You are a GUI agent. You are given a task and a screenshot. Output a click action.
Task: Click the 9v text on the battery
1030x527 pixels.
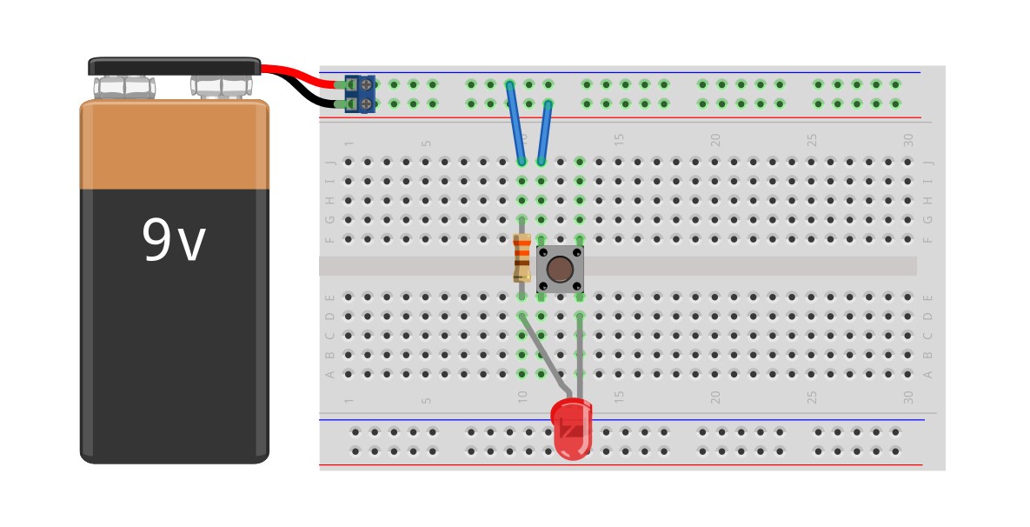174,242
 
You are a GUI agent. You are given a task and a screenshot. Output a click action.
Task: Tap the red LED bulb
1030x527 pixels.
572,429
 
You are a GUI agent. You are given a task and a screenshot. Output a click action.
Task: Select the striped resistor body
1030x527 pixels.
522,257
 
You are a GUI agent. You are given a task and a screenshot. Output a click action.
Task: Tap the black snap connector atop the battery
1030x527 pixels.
174,67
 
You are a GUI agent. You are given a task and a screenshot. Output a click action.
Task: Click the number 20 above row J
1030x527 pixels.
715,140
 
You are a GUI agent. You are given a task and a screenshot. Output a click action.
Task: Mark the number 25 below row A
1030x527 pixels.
812,397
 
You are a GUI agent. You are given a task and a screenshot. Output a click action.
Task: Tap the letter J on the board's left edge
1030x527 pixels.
329,163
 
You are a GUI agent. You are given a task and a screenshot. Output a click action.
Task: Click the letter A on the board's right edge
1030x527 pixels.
927,375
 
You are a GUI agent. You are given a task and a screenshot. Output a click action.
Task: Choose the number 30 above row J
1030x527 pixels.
908,140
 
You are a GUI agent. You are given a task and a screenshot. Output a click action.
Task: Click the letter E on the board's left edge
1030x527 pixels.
329,297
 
